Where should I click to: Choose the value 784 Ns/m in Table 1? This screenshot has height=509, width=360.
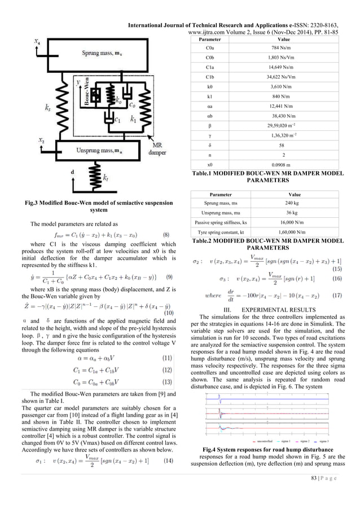point(276,49)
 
